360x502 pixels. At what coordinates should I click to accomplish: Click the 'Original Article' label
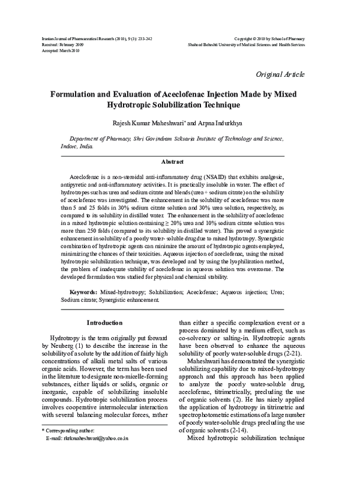280,74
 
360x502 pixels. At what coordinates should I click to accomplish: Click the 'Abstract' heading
173,161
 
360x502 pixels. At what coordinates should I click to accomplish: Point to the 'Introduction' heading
105,323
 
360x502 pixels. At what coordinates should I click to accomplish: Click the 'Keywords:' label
80,291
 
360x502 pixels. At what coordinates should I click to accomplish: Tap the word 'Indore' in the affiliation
71,146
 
